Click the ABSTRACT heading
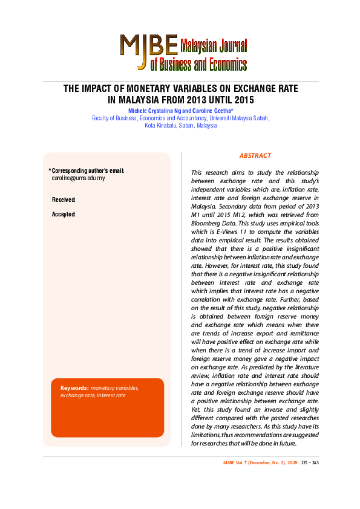255,155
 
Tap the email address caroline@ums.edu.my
78,178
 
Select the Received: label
64,199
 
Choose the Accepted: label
64,214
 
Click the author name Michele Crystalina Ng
154,111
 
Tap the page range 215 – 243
310,462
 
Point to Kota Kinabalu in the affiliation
162,126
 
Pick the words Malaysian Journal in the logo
214,45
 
